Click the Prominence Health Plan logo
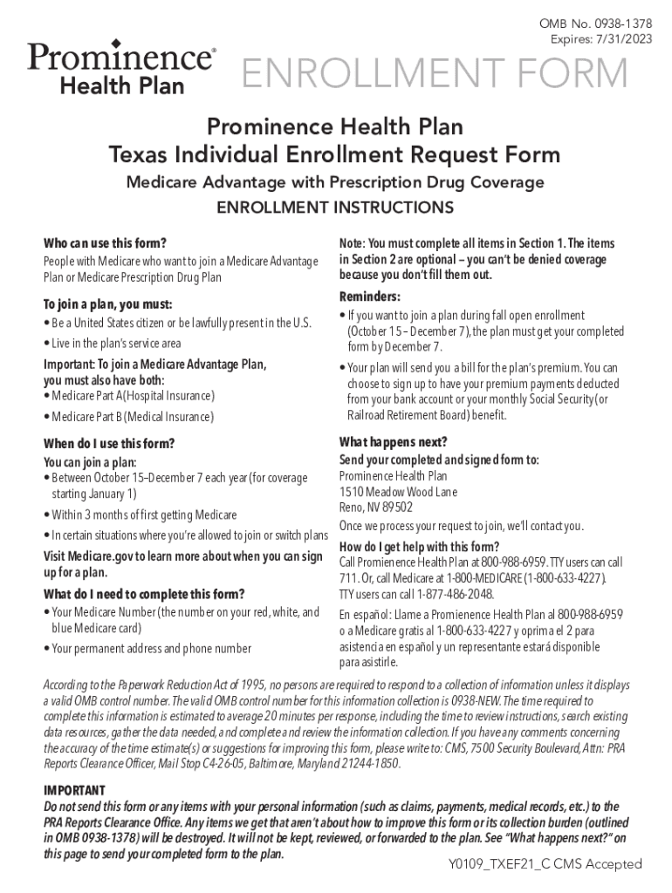[121, 67]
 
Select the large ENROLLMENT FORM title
[434, 75]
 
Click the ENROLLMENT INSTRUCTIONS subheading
[335, 208]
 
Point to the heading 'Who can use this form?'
[105, 242]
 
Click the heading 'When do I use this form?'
[109, 443]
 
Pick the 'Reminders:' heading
[370, 296]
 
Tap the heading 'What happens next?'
[393, 441]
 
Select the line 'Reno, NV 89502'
[376, 508]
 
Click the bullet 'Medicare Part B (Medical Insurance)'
[132, 417]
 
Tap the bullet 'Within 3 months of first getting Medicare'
[143, 515]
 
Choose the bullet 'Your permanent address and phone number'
[151, 648]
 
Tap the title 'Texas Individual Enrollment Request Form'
[335, 155]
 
